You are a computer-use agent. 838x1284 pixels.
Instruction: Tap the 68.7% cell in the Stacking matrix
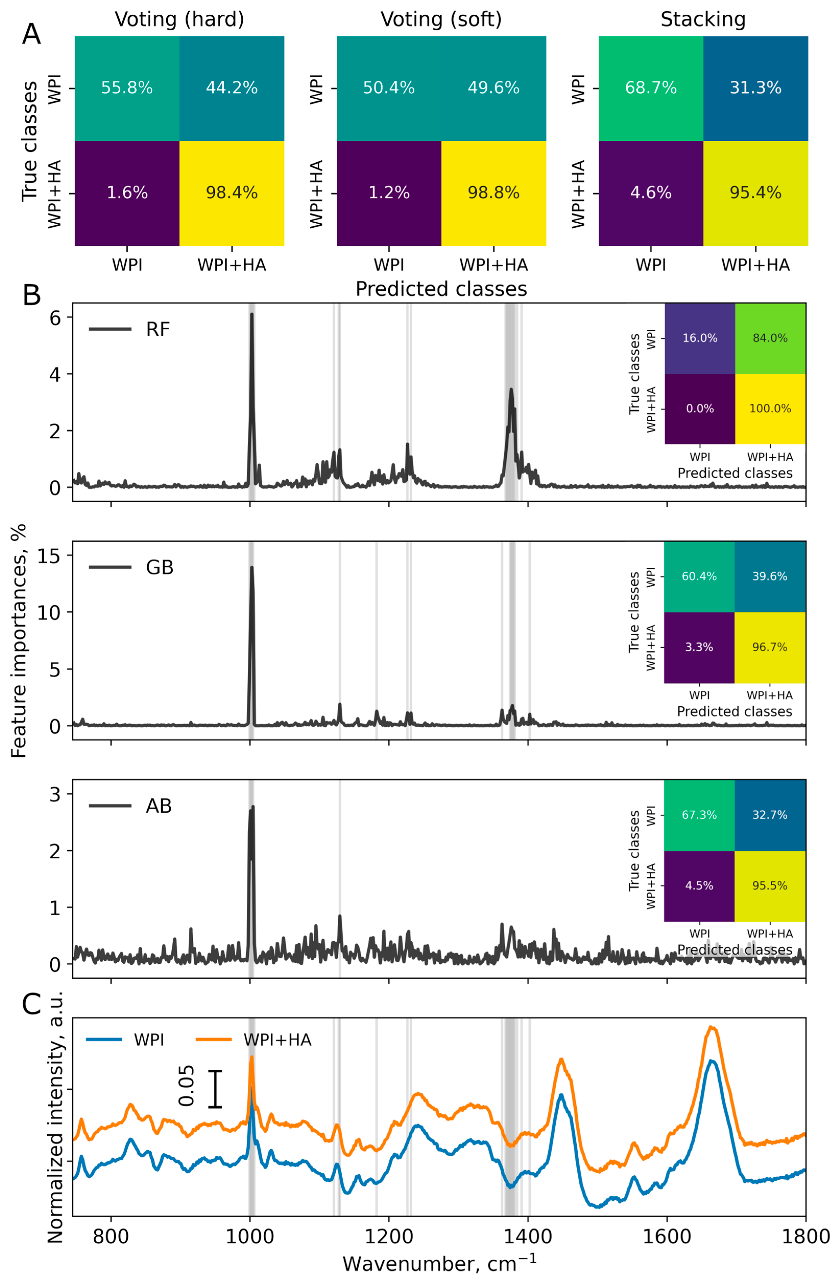tap(651, 88)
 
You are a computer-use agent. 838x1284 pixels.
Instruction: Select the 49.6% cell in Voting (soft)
tap(493, 88)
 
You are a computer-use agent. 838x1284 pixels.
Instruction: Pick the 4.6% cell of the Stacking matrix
tap(651, 193)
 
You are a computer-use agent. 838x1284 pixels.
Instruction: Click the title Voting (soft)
tap(441, 19)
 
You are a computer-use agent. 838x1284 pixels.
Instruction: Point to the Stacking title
tap(703, 19)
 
